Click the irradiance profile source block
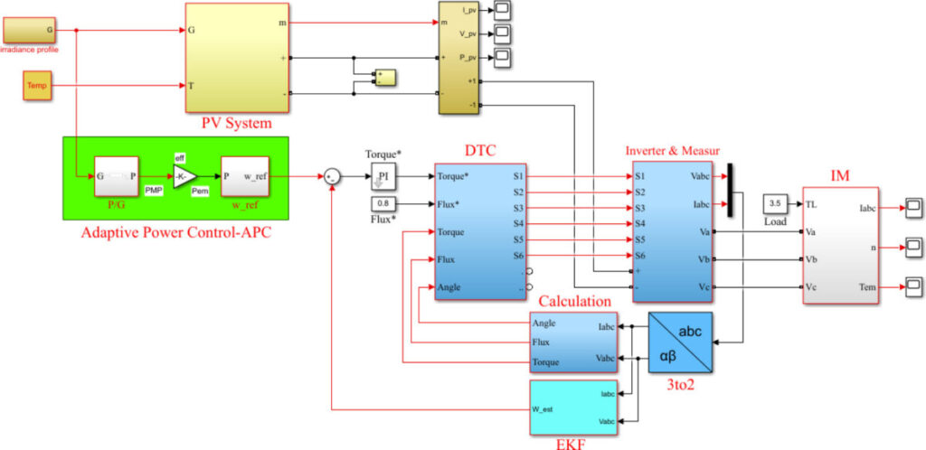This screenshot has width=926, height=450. [31, 30]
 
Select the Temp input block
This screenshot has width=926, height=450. [36, 86]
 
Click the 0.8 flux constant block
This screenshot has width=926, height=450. [383, 203]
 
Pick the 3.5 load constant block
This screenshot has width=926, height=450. [775, 203]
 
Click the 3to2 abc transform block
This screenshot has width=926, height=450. [680, 342]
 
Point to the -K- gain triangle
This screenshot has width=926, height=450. [184, 175]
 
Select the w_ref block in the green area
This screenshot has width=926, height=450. [245, 175]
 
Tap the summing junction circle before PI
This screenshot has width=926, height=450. [332, 176]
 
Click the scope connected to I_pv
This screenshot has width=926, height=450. [502, 10]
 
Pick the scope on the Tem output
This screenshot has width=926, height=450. [914, 287]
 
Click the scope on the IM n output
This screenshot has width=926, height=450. [914, 247]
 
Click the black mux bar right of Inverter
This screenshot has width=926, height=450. [730, 190]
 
